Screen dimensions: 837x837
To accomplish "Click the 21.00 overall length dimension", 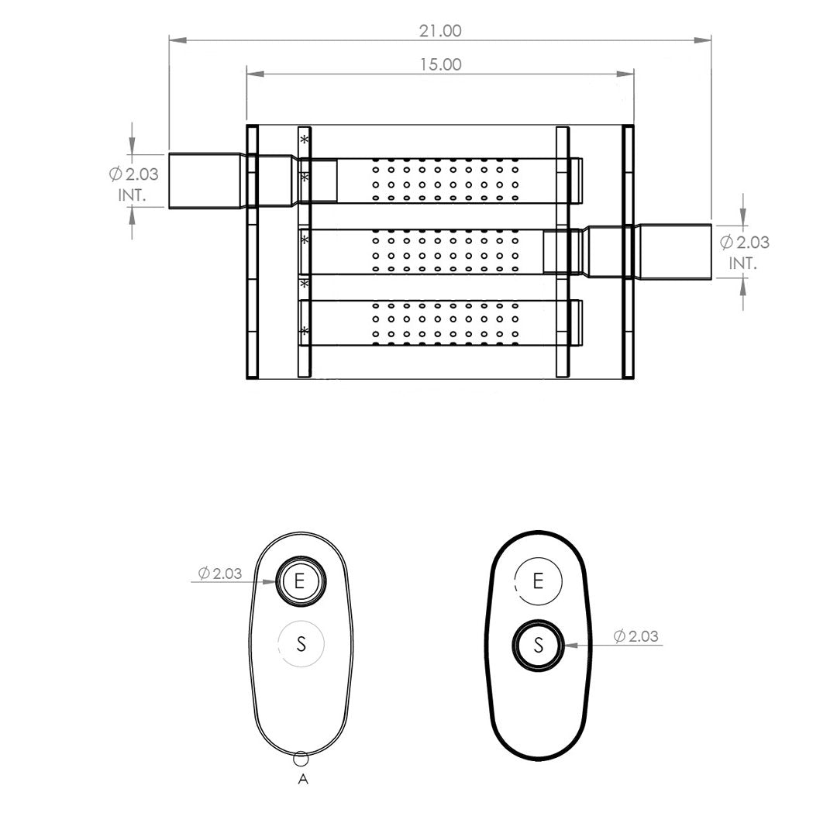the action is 440,31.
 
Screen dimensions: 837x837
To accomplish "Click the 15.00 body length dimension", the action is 440,64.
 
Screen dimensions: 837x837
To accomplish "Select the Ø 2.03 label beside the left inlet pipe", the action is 133,174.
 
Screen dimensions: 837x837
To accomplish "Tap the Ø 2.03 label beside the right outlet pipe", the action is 745,243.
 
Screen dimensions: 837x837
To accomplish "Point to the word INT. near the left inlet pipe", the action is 132,195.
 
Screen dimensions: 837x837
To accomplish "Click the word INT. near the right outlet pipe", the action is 743,263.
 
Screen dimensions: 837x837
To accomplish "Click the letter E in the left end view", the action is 299,580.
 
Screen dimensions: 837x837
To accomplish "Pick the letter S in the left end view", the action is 301,644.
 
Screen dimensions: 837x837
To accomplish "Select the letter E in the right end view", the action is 538,580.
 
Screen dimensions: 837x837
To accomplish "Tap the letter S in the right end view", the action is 539,646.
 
